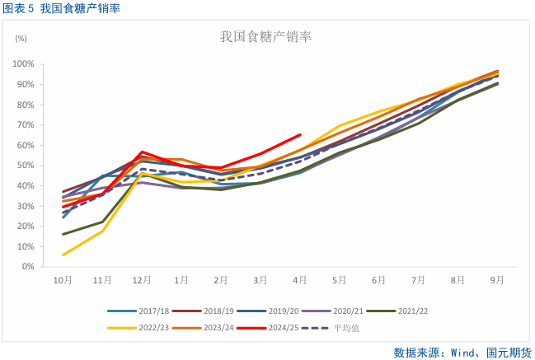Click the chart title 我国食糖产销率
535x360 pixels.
265,36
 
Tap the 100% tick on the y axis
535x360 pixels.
23,64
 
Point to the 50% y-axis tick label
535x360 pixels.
26,166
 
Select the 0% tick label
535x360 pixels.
28,267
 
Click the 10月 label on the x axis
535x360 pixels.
63,280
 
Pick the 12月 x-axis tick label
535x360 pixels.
142,280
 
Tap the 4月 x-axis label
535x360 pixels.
300,280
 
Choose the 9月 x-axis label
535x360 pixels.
497,280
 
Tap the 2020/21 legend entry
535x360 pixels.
347,311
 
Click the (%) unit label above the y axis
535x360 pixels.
21,39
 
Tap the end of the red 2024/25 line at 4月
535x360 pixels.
300,134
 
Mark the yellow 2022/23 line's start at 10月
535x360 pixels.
63,255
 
